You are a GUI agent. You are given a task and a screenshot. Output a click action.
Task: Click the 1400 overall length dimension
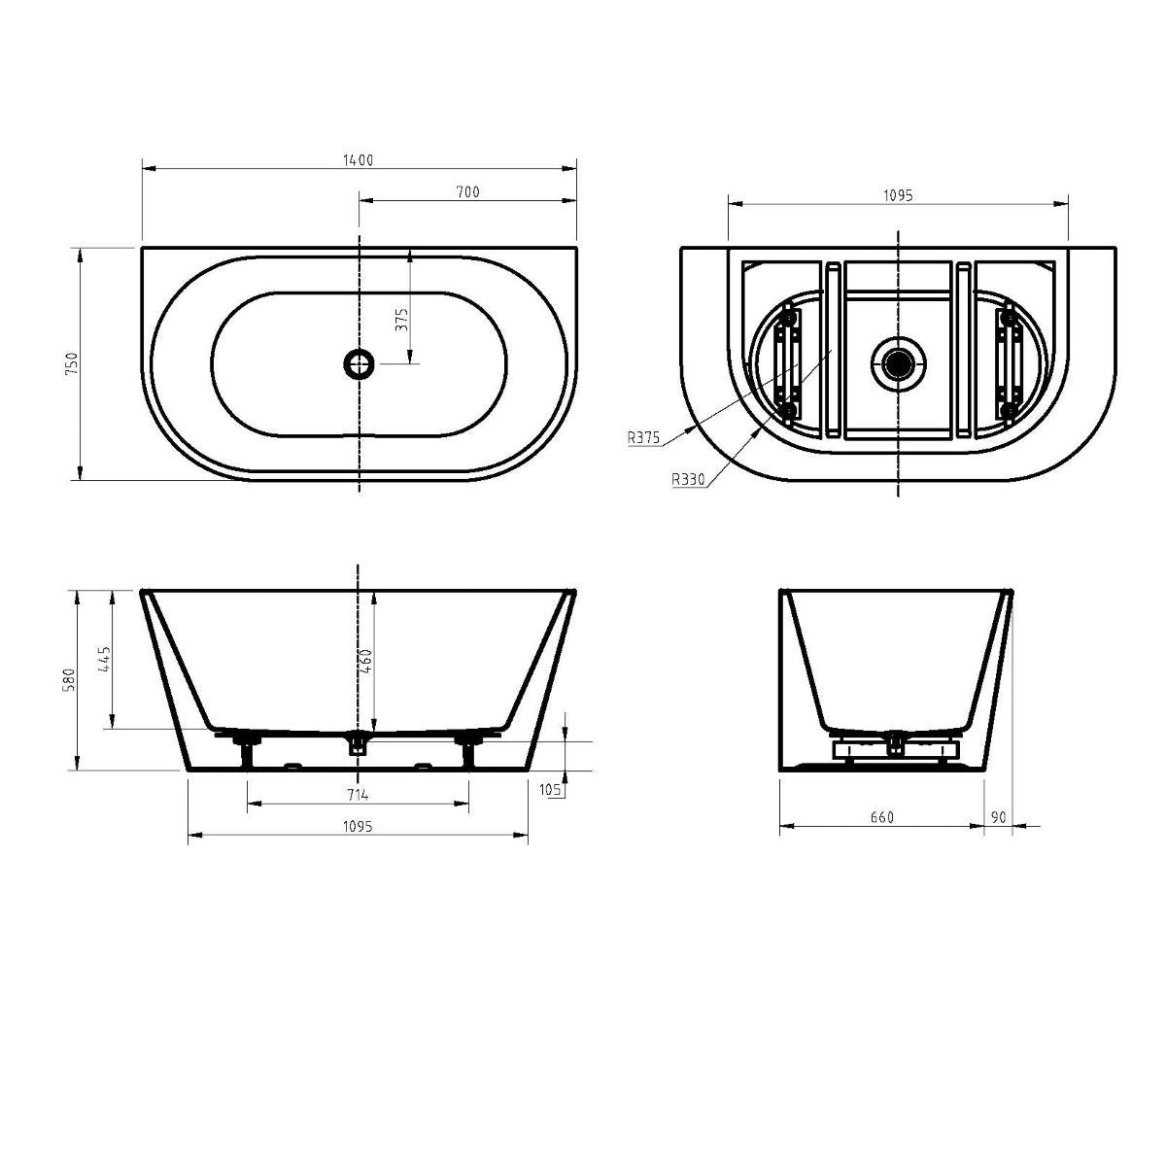[x=358, y=160]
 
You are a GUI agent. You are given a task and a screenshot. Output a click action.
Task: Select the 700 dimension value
[x=467, y=192]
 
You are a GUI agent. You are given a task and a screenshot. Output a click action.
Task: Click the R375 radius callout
[x=643, y=438]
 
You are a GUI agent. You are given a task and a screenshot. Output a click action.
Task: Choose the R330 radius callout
[x=687, y=478]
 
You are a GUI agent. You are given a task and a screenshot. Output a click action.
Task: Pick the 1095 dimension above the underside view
[x=898, y=195]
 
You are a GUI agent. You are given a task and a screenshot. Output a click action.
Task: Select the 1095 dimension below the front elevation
[x=358, y=826]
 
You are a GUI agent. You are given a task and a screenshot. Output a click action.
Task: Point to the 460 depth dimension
[x=366, y=663]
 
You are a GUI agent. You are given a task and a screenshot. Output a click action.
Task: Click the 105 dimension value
[x=551, y=790]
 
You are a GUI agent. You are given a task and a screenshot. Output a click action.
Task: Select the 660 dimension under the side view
[x=881, y=817]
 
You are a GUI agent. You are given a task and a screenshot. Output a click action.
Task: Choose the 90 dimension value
[x=999, y=817]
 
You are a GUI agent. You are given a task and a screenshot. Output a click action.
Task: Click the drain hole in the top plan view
[x=359, y=364]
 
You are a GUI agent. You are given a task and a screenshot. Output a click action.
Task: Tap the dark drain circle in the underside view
[x=898, y=363]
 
